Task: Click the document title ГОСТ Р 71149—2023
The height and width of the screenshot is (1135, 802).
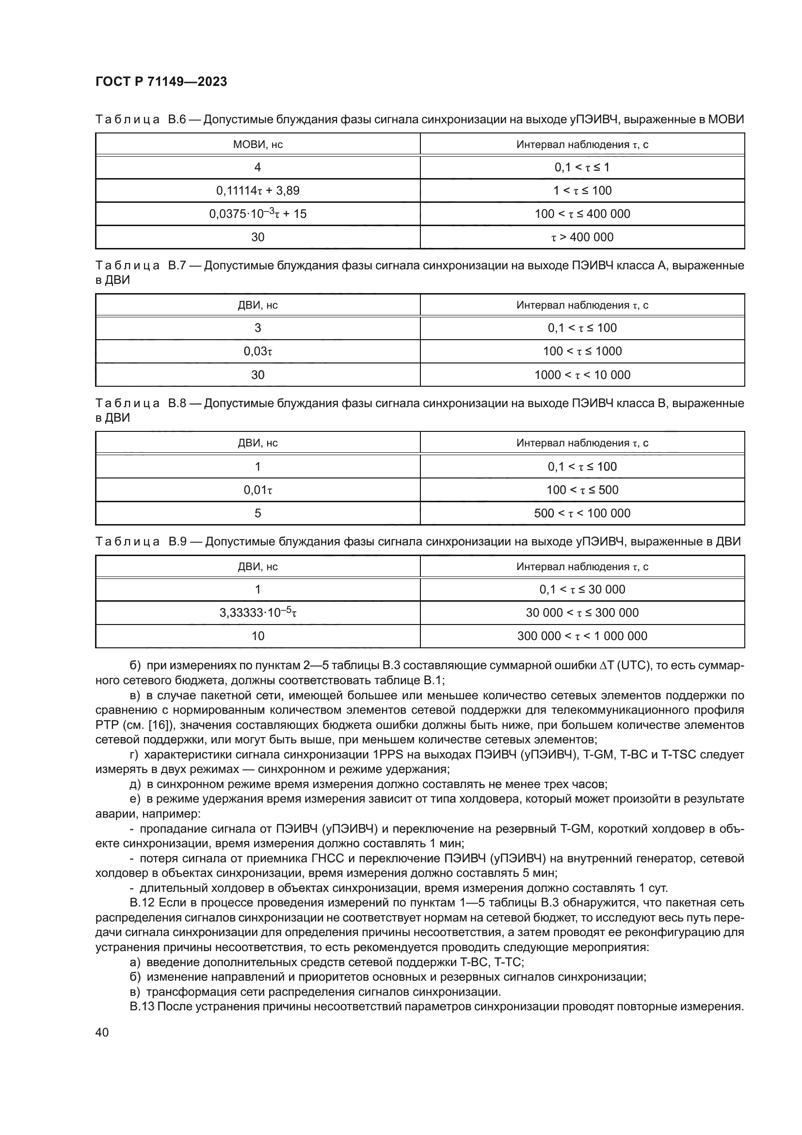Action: click(x=161, y=82)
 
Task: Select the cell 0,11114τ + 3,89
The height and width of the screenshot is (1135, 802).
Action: click(x=257, y=190)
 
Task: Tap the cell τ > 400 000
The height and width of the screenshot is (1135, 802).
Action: click(x=582, y=237)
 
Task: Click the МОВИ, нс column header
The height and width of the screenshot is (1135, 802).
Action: click(x=257, y=144)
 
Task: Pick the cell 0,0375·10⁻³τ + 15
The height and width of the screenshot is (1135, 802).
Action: click(x=257, y=214)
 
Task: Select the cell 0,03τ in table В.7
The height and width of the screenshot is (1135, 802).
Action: click(x=257, y=351)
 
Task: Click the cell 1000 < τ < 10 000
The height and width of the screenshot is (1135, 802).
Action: click(x=582, y=375)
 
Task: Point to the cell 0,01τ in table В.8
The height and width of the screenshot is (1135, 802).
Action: click(x=257, y=490)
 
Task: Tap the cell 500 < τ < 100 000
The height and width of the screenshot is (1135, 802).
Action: click(x=582, y=513)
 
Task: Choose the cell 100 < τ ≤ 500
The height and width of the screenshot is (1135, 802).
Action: click(x=582, y=490)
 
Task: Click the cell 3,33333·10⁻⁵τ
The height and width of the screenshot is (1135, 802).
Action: click(x=257, y=613)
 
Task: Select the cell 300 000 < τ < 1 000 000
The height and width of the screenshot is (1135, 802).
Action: click(x=582, y=636)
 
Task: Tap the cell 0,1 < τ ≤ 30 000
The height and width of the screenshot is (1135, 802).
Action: click(x=582, y=589)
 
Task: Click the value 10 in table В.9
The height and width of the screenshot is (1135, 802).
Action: click(x=257, y=636)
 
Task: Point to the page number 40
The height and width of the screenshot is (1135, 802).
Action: click(x=102, y=1032)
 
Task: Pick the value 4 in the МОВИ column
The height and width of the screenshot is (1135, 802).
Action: click(x=257, y=167)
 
